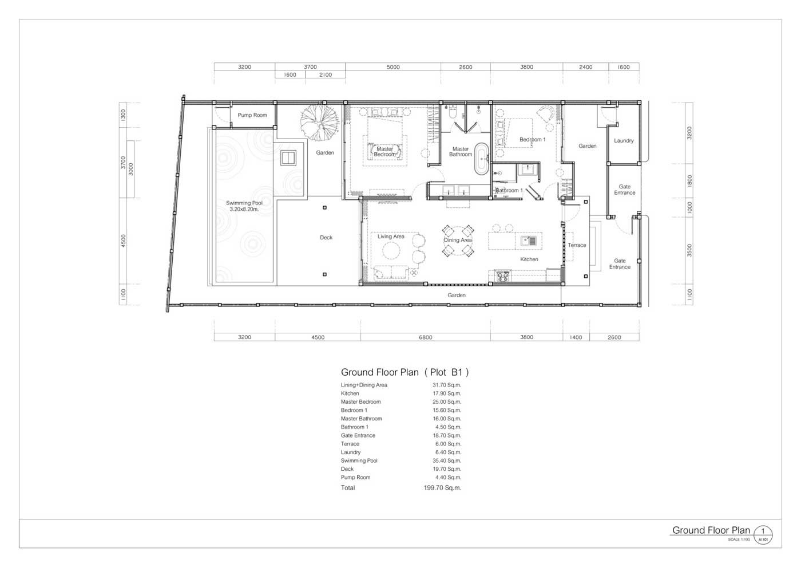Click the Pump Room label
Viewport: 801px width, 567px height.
pyautogui.click(x=252, y=115)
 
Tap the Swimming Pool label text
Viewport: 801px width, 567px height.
pyautogui.click(x=244, y=206)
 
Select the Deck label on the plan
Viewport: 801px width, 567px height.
pyautogui.click(x=326, y=237)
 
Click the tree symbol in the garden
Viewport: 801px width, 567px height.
pyautogui.click(x=319, y=123)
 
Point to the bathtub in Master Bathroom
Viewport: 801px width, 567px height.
pyautogui.click(x=481, y=159)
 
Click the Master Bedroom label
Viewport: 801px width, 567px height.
pyautogui.click(x=384, y=151)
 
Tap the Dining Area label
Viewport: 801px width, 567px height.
pyautogui.click(x=458, y=240)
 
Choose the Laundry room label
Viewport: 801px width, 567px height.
pyautogui.click(x=624, y=141)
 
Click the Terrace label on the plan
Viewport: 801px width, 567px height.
pyautogui.click(x=577, y=245)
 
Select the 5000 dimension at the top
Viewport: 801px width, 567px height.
pyautogui.click(x=393, y=67)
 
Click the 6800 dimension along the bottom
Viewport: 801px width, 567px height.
pyautogui.click(x=426, y=337)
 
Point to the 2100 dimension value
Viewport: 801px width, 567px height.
pyautogui.click(x=326, y=75)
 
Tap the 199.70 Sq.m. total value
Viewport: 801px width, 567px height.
pyautogui.click(x=442, y=487)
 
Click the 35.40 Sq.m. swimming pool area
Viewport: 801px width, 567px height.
pyautogui.click(x=447, y=460)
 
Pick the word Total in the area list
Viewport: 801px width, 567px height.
pyautogui.click(x=348, y=487)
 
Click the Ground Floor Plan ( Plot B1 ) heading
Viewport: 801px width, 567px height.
pyautogui.click(x=405, y=372)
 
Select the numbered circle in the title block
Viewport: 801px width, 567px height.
pyautogui.click(x=763, y=535)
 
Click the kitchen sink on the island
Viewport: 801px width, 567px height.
pyautogui.click(x=529, y=241)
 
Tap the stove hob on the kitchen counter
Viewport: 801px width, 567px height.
pyautogui.click(x=503, y=275)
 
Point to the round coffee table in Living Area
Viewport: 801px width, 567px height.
pyautogui.click(x=391, y=251)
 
